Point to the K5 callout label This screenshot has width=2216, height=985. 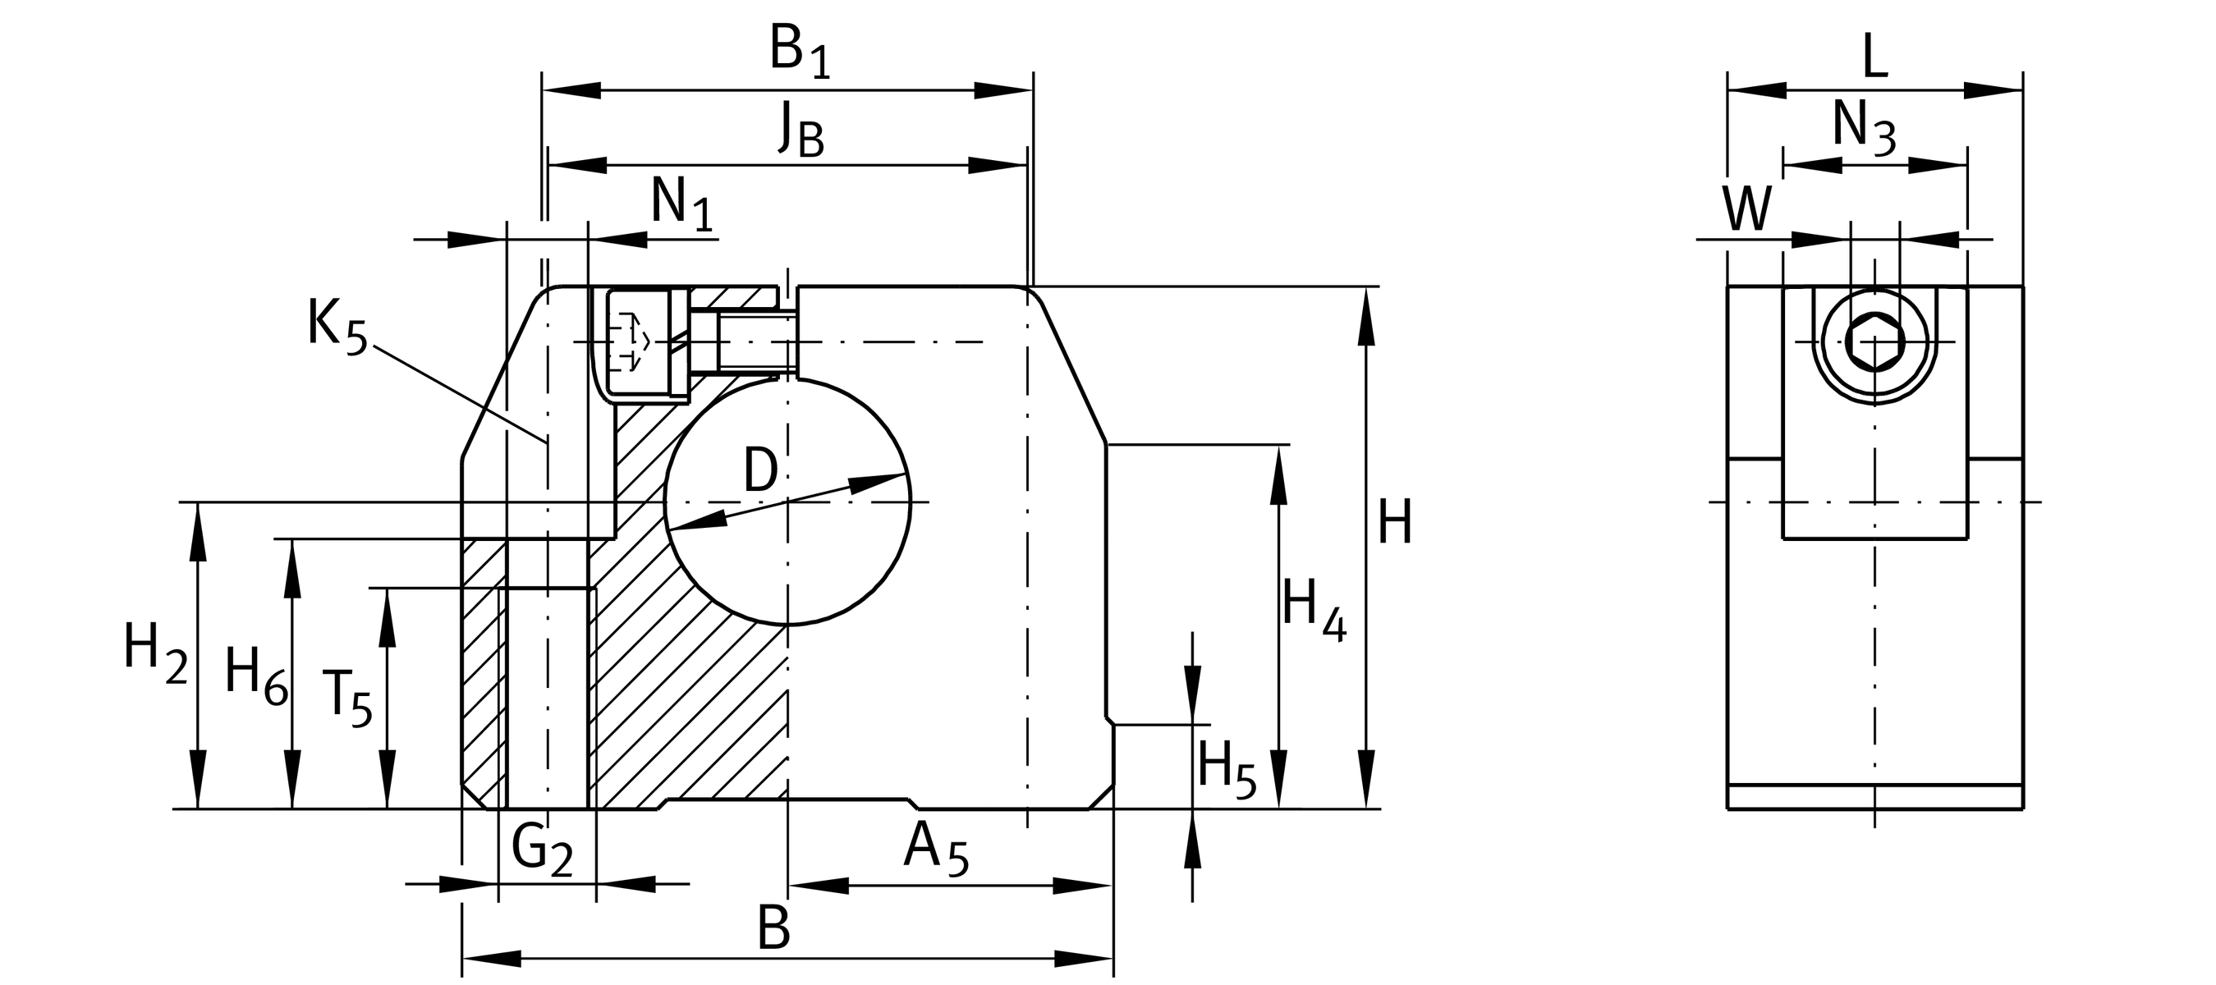[x=337, y=327]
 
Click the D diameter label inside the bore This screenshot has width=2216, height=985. [x=759, y=470]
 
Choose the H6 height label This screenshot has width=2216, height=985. [x=255, y=676]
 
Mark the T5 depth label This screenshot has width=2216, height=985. [x=346, y=698]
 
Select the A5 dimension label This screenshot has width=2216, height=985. [x=936, y=849]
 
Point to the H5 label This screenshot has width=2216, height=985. [x=1226, y=770]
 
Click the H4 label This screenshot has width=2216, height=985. [x=1313, y=608]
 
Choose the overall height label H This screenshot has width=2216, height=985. [x=1394, y=522]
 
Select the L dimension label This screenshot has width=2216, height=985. [x=1874, y=57]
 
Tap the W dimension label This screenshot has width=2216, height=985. [x=1747, y=209]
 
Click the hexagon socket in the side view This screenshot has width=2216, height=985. [x=1874, y=341]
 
